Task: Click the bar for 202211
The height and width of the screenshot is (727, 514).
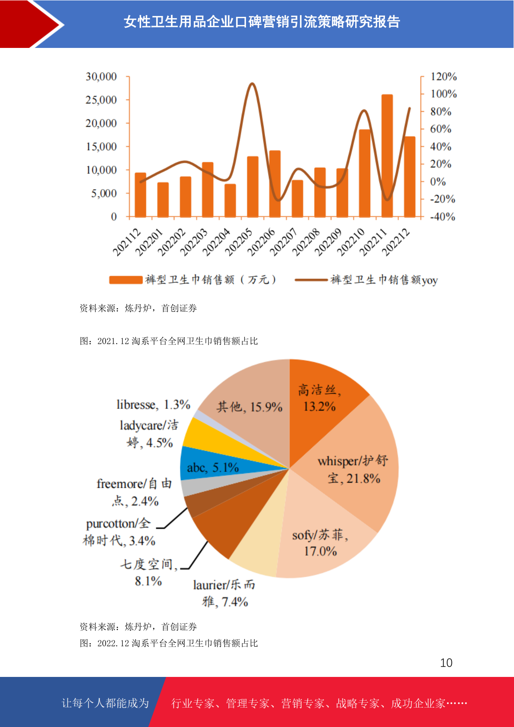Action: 387,155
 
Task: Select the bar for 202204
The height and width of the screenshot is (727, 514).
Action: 230,200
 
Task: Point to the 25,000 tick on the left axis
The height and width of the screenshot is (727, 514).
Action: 101,100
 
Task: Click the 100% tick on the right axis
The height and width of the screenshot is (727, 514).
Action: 444,94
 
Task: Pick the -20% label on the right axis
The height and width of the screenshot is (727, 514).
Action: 442,199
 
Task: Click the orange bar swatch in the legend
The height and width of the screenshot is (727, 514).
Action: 126,280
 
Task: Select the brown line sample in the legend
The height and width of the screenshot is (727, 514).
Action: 311,280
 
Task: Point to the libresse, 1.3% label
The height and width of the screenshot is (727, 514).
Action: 153,405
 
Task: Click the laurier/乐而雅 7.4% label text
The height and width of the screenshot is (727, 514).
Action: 224,593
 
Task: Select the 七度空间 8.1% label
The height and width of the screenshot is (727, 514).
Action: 148,572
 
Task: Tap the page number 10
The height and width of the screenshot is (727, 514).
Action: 446,663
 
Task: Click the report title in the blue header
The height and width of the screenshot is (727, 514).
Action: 262,22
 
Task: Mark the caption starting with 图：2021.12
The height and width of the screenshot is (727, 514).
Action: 169,341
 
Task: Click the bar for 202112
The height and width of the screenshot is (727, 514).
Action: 140,194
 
